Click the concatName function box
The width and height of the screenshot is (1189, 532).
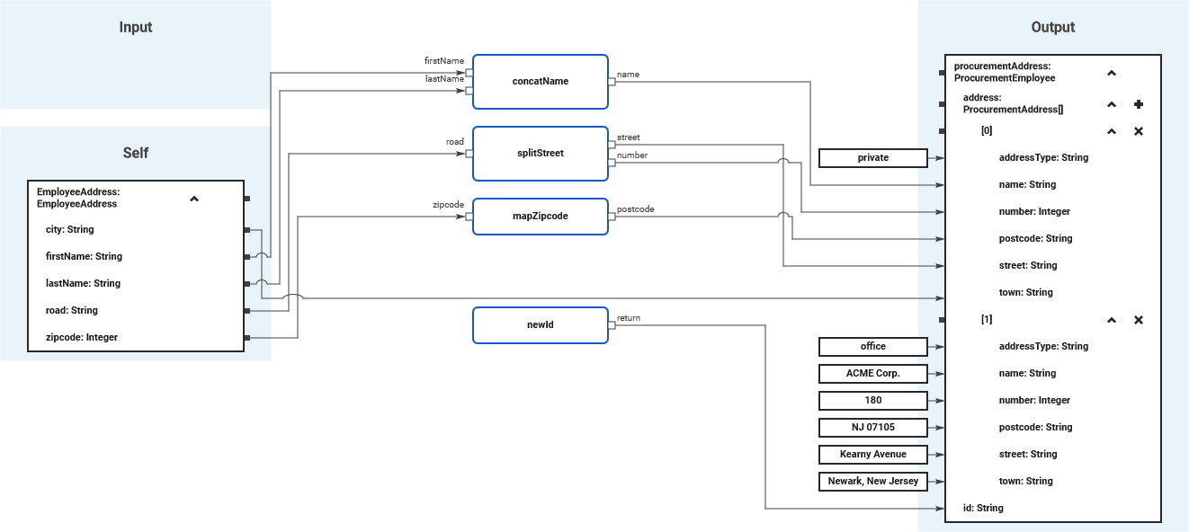(540, 81)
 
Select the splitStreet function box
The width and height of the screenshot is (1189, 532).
(540, 153)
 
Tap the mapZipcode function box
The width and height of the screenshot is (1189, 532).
(540, 216)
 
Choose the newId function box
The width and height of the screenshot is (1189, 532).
(540, 324)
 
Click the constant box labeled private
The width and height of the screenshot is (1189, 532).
(872, 158)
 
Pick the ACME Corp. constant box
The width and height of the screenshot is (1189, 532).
(872, 374)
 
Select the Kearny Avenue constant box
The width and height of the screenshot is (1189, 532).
(872, 455)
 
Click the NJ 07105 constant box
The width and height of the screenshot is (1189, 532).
(872, 428)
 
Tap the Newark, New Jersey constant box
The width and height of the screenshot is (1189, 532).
(872, 482)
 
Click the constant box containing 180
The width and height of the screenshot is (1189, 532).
(872, 401)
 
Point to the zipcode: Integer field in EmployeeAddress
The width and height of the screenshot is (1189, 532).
(82, 338)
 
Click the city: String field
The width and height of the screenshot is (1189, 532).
(70, 230)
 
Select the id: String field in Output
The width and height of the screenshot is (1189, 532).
(983, 509)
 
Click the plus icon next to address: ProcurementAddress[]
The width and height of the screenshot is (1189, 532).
(1139, 104)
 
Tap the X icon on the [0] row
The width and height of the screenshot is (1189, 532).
(1139, 131)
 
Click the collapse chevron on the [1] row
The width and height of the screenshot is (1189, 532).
(1112, 320)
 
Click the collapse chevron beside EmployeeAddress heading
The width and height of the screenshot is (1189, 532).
(194, 199)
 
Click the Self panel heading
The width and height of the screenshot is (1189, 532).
(136, 153)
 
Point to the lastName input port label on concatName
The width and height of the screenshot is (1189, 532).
(444, 79)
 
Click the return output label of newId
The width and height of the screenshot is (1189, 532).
(628, 317)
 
